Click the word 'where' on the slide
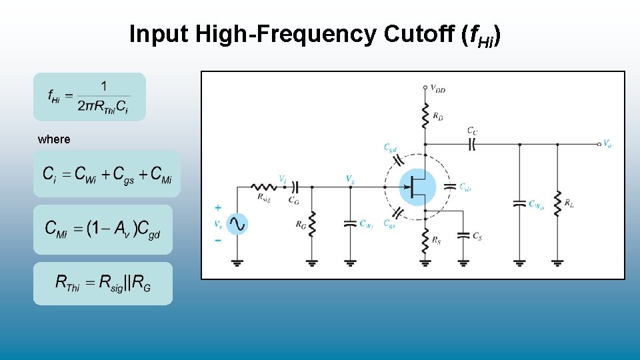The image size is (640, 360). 54,139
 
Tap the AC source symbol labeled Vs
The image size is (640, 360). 237,225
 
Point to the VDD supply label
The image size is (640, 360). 437,87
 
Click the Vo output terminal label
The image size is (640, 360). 607,143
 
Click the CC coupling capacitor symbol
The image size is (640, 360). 472,142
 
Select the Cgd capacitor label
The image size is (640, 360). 391,148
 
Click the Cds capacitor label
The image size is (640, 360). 465,187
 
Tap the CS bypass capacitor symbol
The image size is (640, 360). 464,235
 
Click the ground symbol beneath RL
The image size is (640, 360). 558,263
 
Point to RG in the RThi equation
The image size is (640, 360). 141,283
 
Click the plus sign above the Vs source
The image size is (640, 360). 218,208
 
